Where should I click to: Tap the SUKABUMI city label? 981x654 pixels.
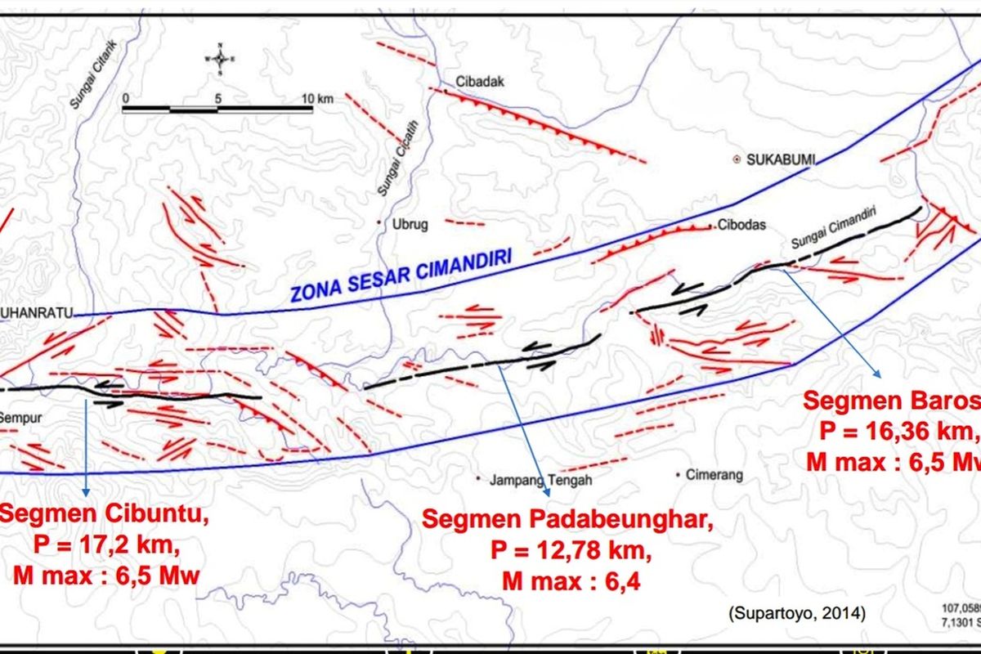click(781, 160)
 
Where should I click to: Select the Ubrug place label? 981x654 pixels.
click(411, 222)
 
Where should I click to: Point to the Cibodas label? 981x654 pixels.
click(741, 226)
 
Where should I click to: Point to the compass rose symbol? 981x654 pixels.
click(220, 58)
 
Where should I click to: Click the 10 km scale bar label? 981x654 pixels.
click(316, 98)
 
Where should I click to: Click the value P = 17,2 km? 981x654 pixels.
click(106, 545)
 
